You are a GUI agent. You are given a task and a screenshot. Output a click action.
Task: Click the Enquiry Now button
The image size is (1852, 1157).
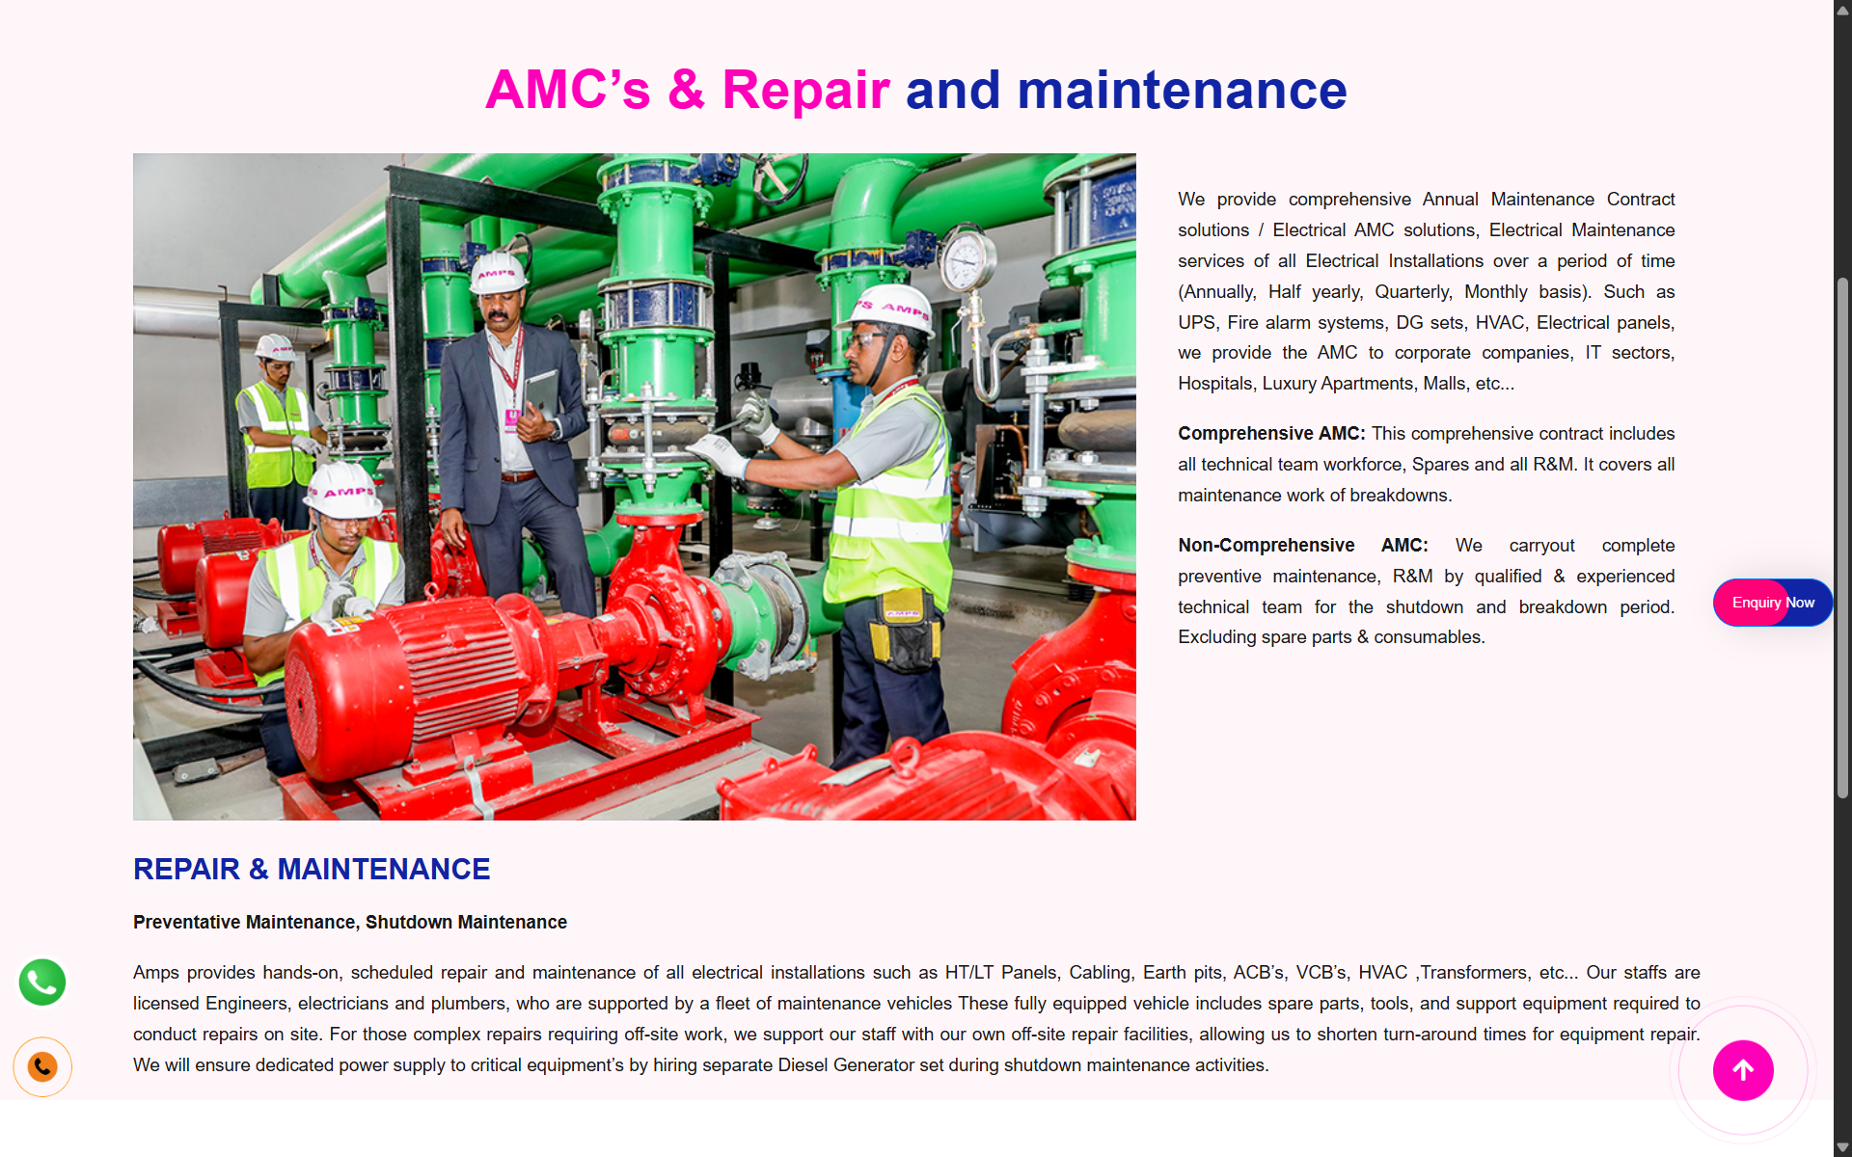click(1772, 603)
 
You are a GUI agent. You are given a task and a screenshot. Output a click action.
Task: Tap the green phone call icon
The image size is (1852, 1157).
click(42, 982)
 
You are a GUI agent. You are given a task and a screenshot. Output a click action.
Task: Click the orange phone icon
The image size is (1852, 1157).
click(42, 1067)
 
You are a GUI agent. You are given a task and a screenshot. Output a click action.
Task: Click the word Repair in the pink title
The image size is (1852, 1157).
click(805, 90)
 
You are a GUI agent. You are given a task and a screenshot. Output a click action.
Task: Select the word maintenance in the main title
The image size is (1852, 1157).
click(1182, 90)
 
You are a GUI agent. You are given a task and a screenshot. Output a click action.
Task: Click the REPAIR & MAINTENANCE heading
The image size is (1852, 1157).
click(312, 870)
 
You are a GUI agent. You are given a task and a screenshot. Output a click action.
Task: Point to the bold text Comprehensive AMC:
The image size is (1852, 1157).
click(1271, 434)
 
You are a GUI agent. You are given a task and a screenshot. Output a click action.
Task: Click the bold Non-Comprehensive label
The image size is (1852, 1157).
click(1266, 546)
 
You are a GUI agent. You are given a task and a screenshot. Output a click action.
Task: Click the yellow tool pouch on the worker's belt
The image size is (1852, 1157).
click(904, 632)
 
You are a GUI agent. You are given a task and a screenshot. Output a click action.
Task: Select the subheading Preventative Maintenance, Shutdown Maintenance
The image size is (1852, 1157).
click(350, 923)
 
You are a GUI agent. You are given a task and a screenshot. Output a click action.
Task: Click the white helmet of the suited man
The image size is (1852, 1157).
click(498, 272)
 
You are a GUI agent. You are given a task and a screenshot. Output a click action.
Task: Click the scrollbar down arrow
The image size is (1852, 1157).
click(1842, 1147)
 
